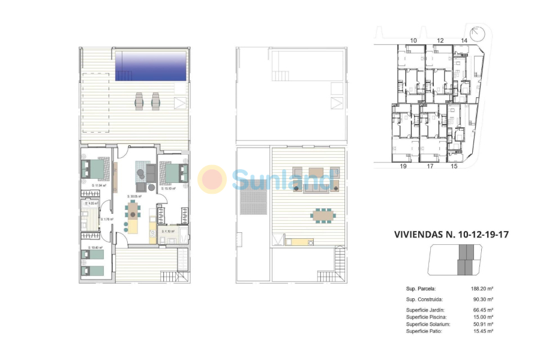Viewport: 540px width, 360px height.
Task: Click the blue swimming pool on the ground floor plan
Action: tap(151, 65)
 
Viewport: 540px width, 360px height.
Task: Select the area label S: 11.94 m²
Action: tap(98, 185)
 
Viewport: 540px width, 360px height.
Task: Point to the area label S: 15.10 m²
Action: tap(168, 188)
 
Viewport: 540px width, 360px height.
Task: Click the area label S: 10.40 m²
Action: tap(95, 247)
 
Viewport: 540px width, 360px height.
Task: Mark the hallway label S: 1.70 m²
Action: tap(108, 219)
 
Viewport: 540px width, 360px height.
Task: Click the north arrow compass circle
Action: tap(478, 32)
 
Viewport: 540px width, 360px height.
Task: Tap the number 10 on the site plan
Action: tap(413, 40)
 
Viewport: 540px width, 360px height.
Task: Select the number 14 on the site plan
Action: tap(464, 40)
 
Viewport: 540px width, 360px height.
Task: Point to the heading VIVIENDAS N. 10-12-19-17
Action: tap(451, 235)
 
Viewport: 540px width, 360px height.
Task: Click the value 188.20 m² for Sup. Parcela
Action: tap(482, 288)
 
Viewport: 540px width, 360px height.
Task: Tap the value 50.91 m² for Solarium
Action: tap(482, 324)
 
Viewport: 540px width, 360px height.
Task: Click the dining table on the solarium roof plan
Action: tap(323, 214)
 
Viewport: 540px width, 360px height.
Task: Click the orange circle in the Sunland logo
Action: tap(212, 179)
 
